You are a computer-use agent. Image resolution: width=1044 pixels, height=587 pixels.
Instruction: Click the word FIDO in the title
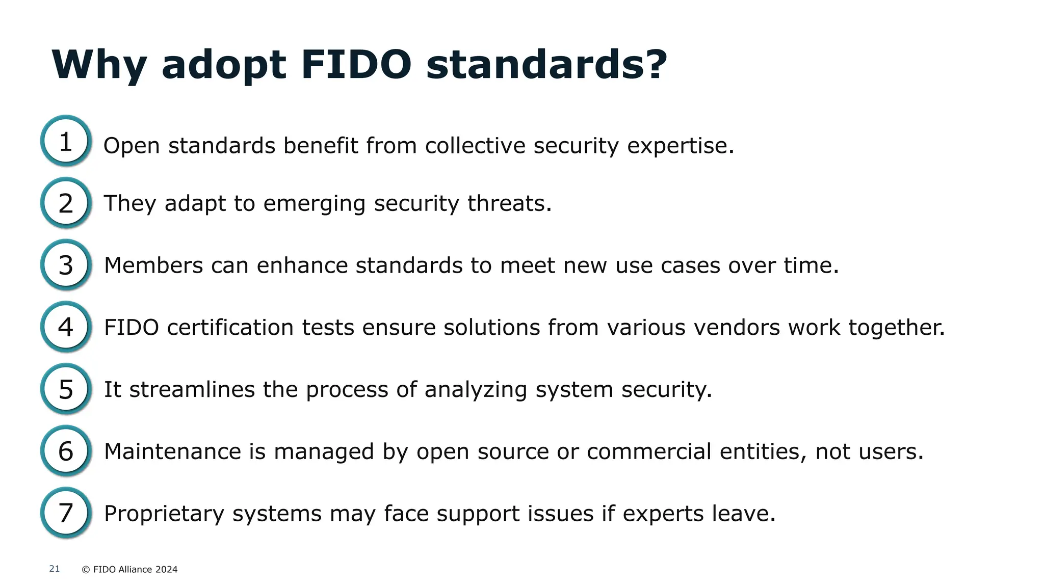(356, 65)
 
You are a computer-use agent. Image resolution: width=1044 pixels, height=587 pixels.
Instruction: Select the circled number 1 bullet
(66, 141)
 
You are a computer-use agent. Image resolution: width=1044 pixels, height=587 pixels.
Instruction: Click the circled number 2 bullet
(66, 203)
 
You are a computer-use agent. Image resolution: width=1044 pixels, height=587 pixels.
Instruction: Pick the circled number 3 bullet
(66, 265)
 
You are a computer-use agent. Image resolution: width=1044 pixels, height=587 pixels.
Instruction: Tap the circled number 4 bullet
(66, 327)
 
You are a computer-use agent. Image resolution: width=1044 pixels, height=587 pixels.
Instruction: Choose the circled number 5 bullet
(66, 389)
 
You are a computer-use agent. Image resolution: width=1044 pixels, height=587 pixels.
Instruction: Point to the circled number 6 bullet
(66, 451)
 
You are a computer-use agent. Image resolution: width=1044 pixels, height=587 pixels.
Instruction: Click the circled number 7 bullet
(66, 513)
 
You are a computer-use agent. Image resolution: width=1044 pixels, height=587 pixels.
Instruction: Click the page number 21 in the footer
(55, 569)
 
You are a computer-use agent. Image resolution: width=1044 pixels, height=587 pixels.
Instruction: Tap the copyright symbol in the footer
(86, 570)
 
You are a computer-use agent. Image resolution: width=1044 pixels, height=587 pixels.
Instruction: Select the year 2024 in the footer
(166, 570)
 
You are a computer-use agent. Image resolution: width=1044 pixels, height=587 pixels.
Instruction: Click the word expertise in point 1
(680, 146)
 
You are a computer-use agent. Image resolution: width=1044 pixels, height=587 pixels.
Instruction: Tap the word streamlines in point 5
(192, 390)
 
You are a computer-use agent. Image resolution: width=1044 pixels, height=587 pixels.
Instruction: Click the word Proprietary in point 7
(164, 514)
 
